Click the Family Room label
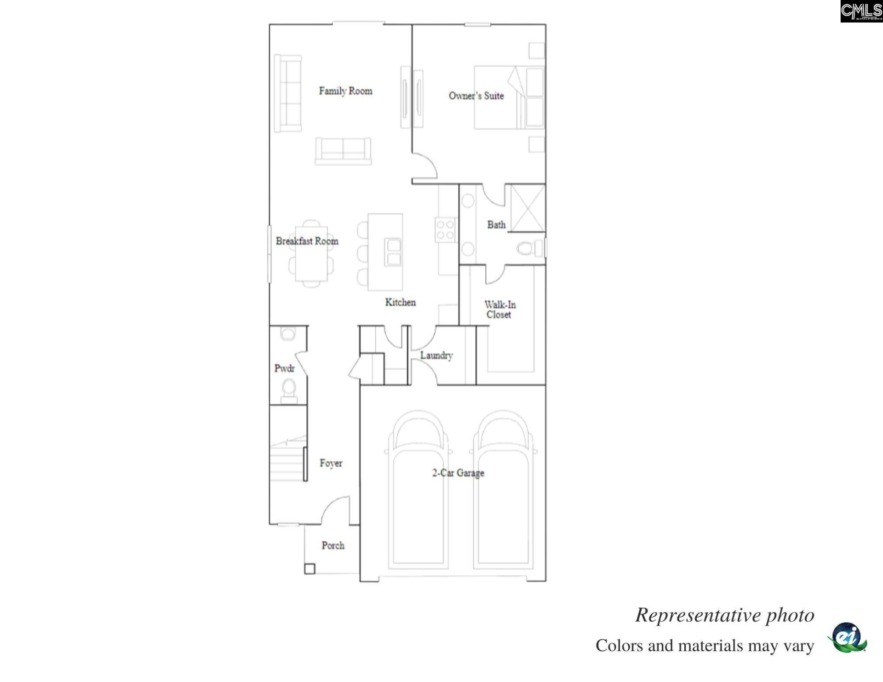coord(345,91)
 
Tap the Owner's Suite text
coord(476,96)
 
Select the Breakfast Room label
coord(307,241)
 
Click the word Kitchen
coord(400,302)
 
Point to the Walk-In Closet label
coord(499,309)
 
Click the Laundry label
coord(436,355)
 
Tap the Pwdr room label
coord(284,368)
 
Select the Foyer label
coord(331,463)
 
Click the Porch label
coord(333,545)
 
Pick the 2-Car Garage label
coord(458,473)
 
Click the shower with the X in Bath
coord(528,208)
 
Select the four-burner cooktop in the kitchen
coord(445,229)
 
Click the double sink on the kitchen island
coord(394,252)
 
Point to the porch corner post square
coord(310,569)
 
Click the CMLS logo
coord(861,11)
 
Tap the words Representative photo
coord(724,615)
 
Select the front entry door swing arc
coord(335,508)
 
